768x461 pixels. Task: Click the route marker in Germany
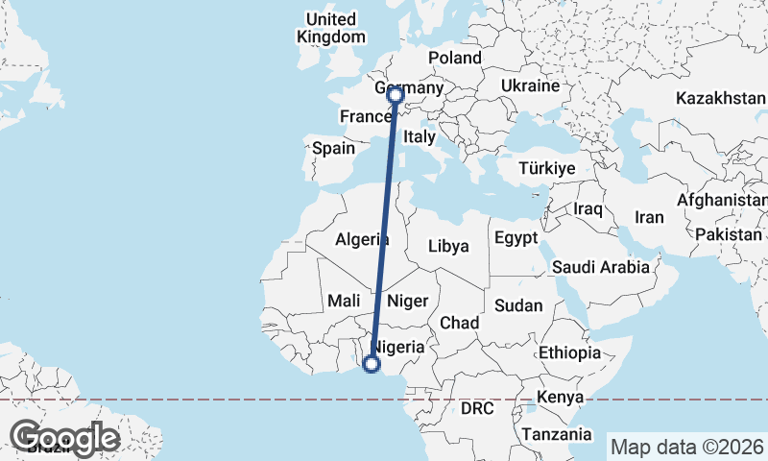tap(395, 94)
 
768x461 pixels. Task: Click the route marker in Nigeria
tap(372, 363)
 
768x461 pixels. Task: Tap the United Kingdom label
tap(331, 28)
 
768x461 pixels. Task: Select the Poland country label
tap(454, 58)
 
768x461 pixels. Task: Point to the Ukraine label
tap(529, 86)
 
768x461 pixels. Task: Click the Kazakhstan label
tap(720, 99)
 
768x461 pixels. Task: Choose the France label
tap(364, 117)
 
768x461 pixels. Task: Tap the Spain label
tap(333, 149)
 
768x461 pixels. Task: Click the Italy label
tap(419, 137)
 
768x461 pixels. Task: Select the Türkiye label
tap(546, 168)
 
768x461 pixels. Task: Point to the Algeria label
tap(362, 240)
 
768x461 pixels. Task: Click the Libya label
tap(448, 246)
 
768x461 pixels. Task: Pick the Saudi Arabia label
tap(599, 267)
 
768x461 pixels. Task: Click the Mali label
tap(344, 301)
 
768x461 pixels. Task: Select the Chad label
tap(459, 323)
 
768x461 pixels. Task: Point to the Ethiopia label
tap(569, 352)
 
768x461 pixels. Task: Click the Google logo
tap(64, 437)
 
